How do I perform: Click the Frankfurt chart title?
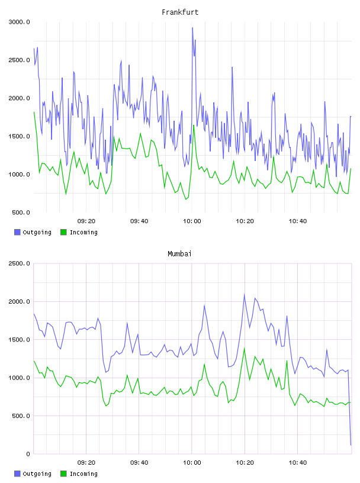(180, 12)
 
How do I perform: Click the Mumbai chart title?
(179, 254)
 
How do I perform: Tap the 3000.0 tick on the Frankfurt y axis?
(19, 22)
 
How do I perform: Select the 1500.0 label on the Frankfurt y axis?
(19, 136)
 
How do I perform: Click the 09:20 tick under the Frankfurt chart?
(86, 221)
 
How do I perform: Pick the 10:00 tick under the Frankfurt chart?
(192, 221)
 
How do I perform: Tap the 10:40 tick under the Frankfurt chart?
(298, 221)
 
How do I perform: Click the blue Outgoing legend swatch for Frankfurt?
(17, 232)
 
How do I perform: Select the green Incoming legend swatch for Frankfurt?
(63, 232)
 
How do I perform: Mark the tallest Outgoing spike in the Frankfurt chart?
(192, 28)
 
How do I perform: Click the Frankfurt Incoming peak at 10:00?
(194, 125)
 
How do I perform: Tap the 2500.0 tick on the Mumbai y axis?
(19, 263)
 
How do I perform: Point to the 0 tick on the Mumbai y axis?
(28, 454)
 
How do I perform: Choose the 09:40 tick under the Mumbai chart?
(139, 463)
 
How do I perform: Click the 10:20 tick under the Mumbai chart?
(245, 463)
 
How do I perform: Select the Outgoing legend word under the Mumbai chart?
(37, 474)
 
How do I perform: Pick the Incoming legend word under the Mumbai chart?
(83, 474)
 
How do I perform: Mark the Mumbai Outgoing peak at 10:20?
(245, 294)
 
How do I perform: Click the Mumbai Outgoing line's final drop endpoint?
(351, 445)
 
